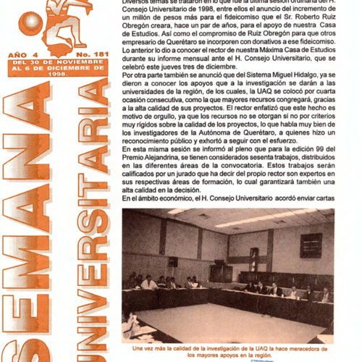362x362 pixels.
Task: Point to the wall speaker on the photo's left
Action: (174, 261)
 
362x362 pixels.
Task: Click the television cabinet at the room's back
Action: (219, 271)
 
